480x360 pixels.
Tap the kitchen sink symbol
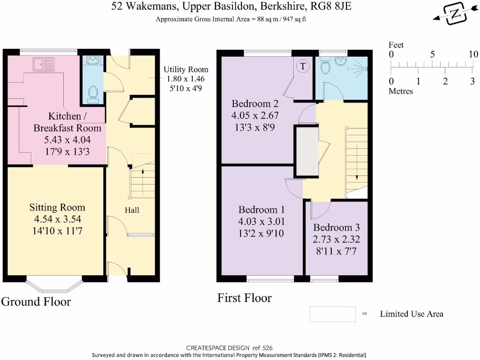(44, 64)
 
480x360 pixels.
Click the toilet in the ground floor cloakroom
(93, 93)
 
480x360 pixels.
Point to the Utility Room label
(185, 70)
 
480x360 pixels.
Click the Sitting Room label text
(57, 207)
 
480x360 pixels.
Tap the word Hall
(132, 210)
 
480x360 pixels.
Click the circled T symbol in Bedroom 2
(303, 67)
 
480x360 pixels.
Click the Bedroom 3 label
(336, 228)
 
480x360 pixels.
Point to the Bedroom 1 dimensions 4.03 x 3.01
(262, 221)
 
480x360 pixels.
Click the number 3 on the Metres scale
(472, 82)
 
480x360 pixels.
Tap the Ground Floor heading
(36, 301)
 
